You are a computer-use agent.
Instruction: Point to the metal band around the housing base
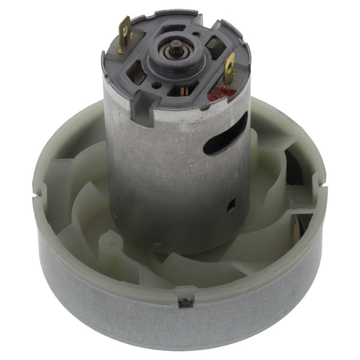(180, 324)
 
